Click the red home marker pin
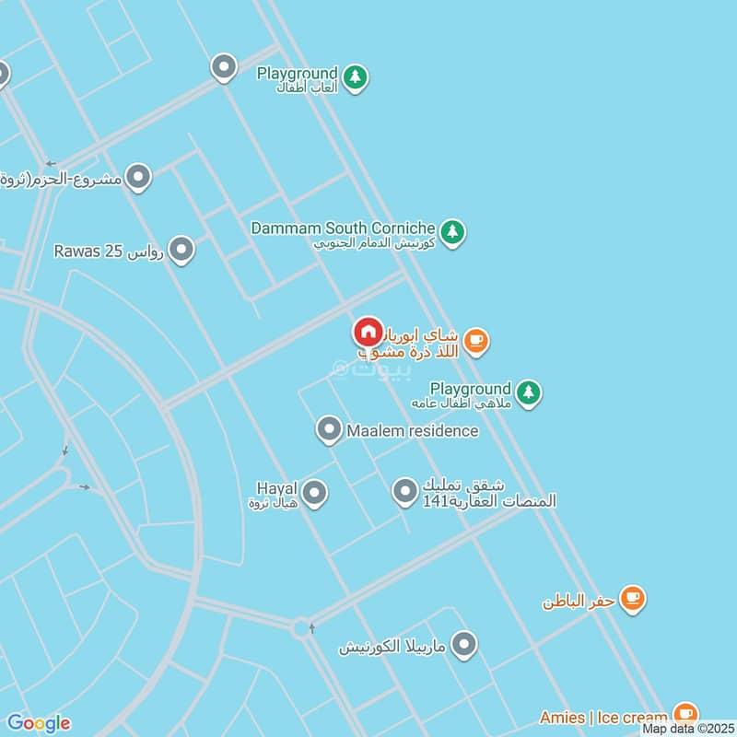click(368, 332)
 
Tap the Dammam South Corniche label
click(343, 228)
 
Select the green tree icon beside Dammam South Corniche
click(451, 231)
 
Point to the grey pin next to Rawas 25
click(181, 249)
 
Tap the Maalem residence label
click(413, 430)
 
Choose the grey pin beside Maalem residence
click(328, 429)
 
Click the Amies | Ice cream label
click(603, 718)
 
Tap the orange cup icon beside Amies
click(684, 714)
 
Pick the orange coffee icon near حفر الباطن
click(632, 599)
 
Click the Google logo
click(38, 723)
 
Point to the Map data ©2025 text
click(687, 729)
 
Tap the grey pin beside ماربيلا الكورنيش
click(465, 645)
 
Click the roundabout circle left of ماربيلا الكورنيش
click(301, 629)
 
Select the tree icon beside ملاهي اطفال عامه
click(527, 392)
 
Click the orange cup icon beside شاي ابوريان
click(475, 342)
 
